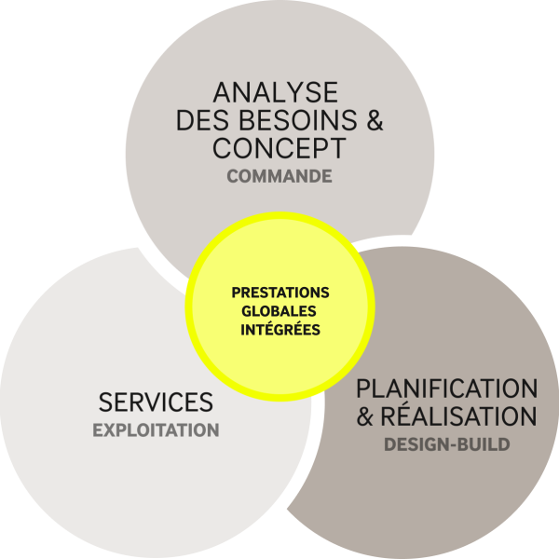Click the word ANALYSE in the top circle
point(276,92)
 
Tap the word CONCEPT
point(279,147)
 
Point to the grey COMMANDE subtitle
point(279,176)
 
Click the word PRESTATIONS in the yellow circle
point(280,293)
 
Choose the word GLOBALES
point(279,311)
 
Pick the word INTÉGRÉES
point(280,329)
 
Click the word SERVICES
point(156,402)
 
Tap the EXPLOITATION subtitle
point(156,430)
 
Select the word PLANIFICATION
point(447,389)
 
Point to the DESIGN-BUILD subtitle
point(447,444)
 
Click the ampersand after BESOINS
point(375,120)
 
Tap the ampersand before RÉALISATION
point(364,416)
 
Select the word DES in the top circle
point(202,120)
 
